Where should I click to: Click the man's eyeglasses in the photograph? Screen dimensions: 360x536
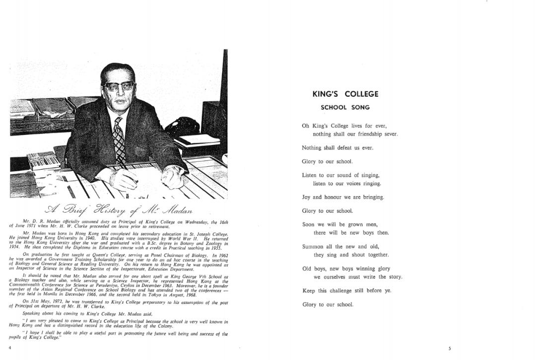tap(118, 86)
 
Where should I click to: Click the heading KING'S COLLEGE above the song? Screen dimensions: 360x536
tap(345, 94)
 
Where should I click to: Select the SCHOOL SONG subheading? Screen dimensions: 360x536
tap(345, 107)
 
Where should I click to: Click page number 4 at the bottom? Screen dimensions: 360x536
tap(9, 348)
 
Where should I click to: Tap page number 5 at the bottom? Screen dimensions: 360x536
tap(450, 349)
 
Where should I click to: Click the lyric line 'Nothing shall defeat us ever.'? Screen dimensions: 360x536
tap(337, 148)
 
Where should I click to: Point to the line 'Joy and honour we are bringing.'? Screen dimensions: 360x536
tap(343, 197)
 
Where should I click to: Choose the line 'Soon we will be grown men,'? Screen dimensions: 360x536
tap(340, 224)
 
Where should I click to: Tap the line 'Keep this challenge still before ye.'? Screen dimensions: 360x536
tap(347, 290)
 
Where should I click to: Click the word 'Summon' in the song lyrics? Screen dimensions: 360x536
tap(313, 247)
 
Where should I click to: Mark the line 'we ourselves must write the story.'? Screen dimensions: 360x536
tap(358, 277)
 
